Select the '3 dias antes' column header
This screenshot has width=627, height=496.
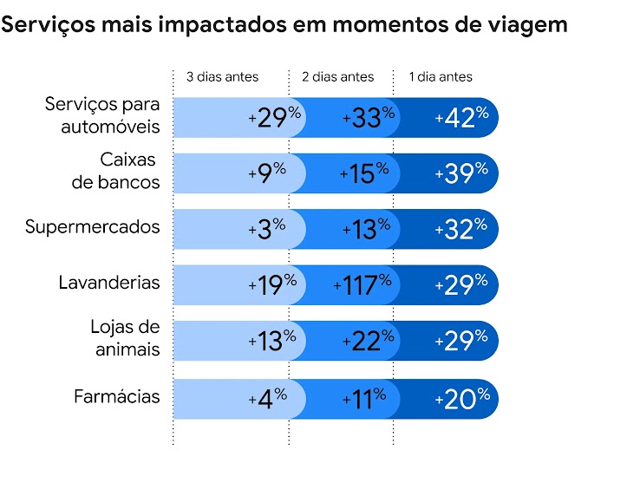[x=222, y=77]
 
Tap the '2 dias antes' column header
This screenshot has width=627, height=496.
[x=337, y=77]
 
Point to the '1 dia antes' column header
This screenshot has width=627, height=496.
[x=441, y=77]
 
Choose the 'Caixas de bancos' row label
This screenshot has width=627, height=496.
[x=116, y=171]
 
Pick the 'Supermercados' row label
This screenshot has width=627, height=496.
[x=92, y=227]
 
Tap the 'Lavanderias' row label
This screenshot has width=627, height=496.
[x=109, y=283]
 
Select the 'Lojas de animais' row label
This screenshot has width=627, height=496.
[x=125, y=338]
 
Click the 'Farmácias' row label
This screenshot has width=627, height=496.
[x=117, y=396]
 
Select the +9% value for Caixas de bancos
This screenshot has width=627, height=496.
[x=266, y=173]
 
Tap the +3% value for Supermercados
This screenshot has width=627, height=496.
[x=266, y=229]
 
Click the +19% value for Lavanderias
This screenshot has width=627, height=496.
[x=272, y=284]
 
